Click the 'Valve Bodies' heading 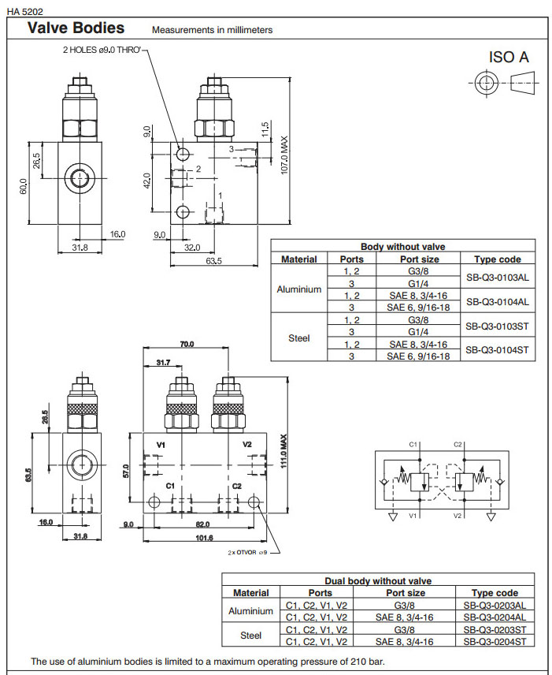[x=76, y=28]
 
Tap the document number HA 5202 [x=24, y=10]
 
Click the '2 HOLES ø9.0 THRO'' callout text [x=102, y=49]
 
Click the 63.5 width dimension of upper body [x=214, y=261]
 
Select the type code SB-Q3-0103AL [x=497, y=277]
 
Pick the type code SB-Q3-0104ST [x=497, y=349]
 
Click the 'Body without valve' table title [x=402, y=247]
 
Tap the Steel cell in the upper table [x=299, y=337]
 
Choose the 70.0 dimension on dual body [x=187, y=345]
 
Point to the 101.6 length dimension [x=204, y=539]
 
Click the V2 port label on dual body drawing [x=246, y=445]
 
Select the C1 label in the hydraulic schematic [x=413, y=445]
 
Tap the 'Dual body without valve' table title [x=378, y=581]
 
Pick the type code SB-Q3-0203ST [x=495, y=629]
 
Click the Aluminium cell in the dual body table [x=250, y=611]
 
